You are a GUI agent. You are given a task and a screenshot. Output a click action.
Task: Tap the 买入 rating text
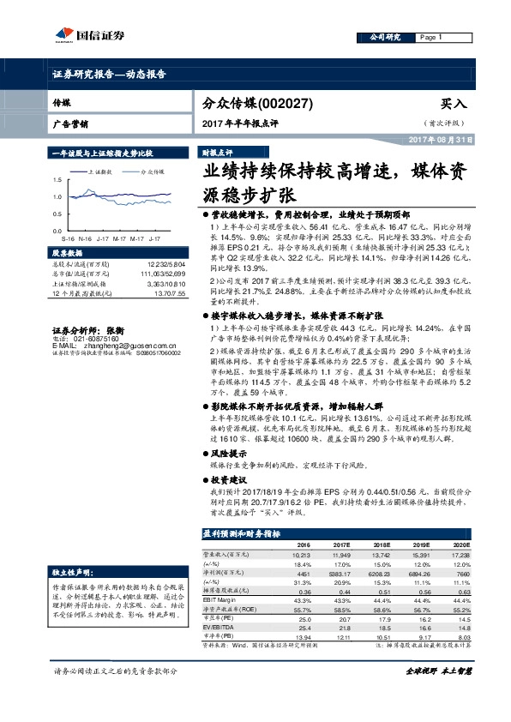point(453,103)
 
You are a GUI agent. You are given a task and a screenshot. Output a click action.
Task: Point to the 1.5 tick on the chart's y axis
point(57,179)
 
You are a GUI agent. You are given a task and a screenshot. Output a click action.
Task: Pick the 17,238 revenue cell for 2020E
point(460,555)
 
